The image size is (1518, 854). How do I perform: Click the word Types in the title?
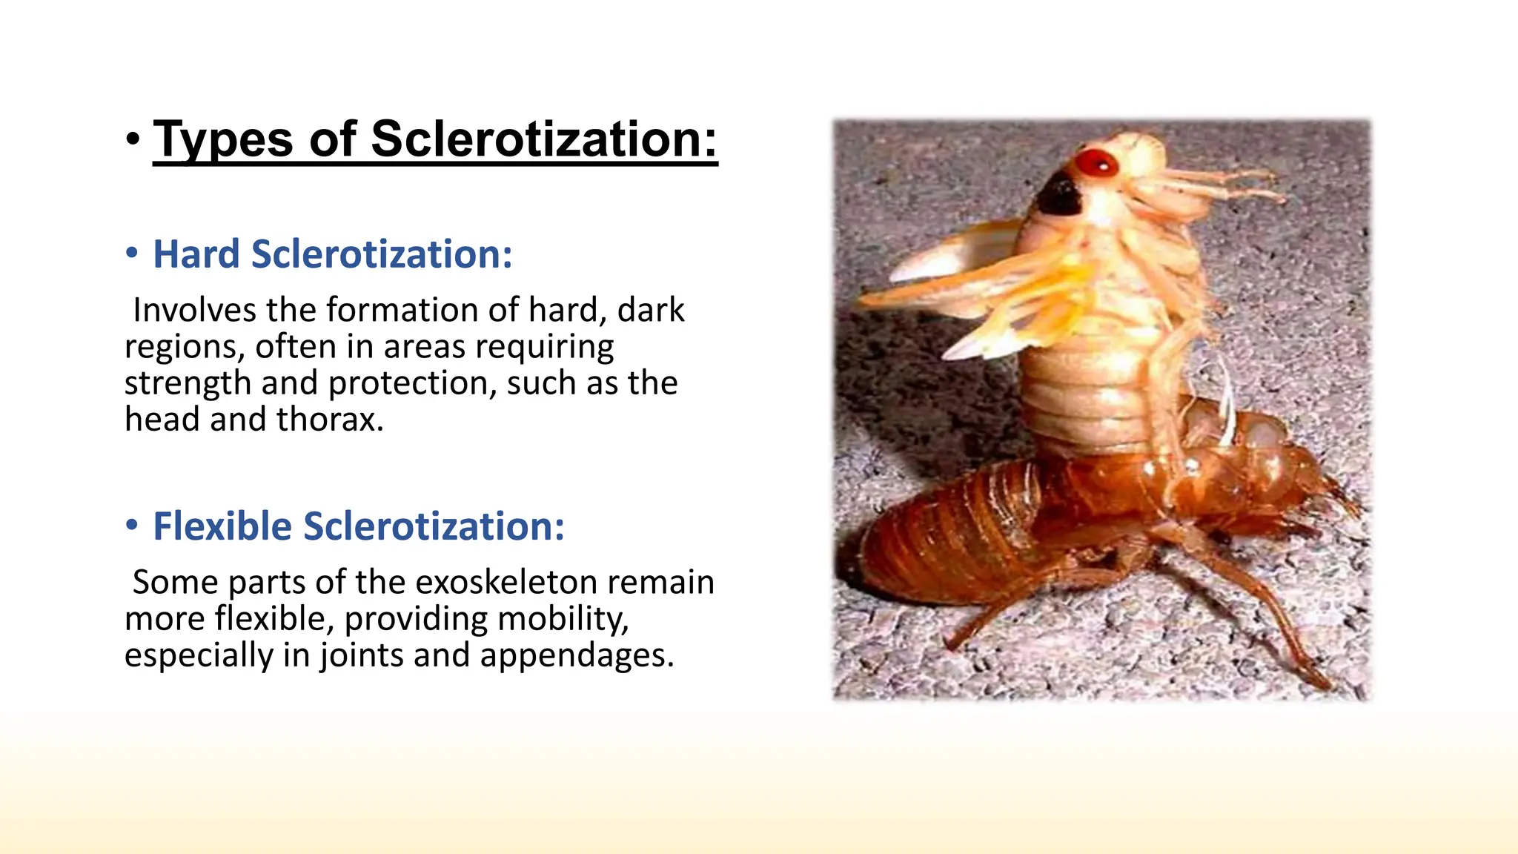click(222, 139)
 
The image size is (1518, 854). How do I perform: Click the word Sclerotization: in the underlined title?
click(544, 139)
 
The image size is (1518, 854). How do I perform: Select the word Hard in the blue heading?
click(196, 254)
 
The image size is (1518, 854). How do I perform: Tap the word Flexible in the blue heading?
click(222, 526)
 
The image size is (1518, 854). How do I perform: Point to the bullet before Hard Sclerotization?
click(132, 254)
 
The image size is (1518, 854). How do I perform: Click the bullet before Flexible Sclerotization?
click(132, 526)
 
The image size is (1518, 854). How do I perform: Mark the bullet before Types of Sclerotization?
click(133, 139)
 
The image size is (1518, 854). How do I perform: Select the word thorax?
click(331, 420)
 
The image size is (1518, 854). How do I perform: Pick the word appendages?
click(577, 655)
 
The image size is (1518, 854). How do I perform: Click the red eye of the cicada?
click(1096, 164)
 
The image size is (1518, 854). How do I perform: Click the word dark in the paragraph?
click(650, 310)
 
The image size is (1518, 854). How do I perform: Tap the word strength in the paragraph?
click(188, 383)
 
